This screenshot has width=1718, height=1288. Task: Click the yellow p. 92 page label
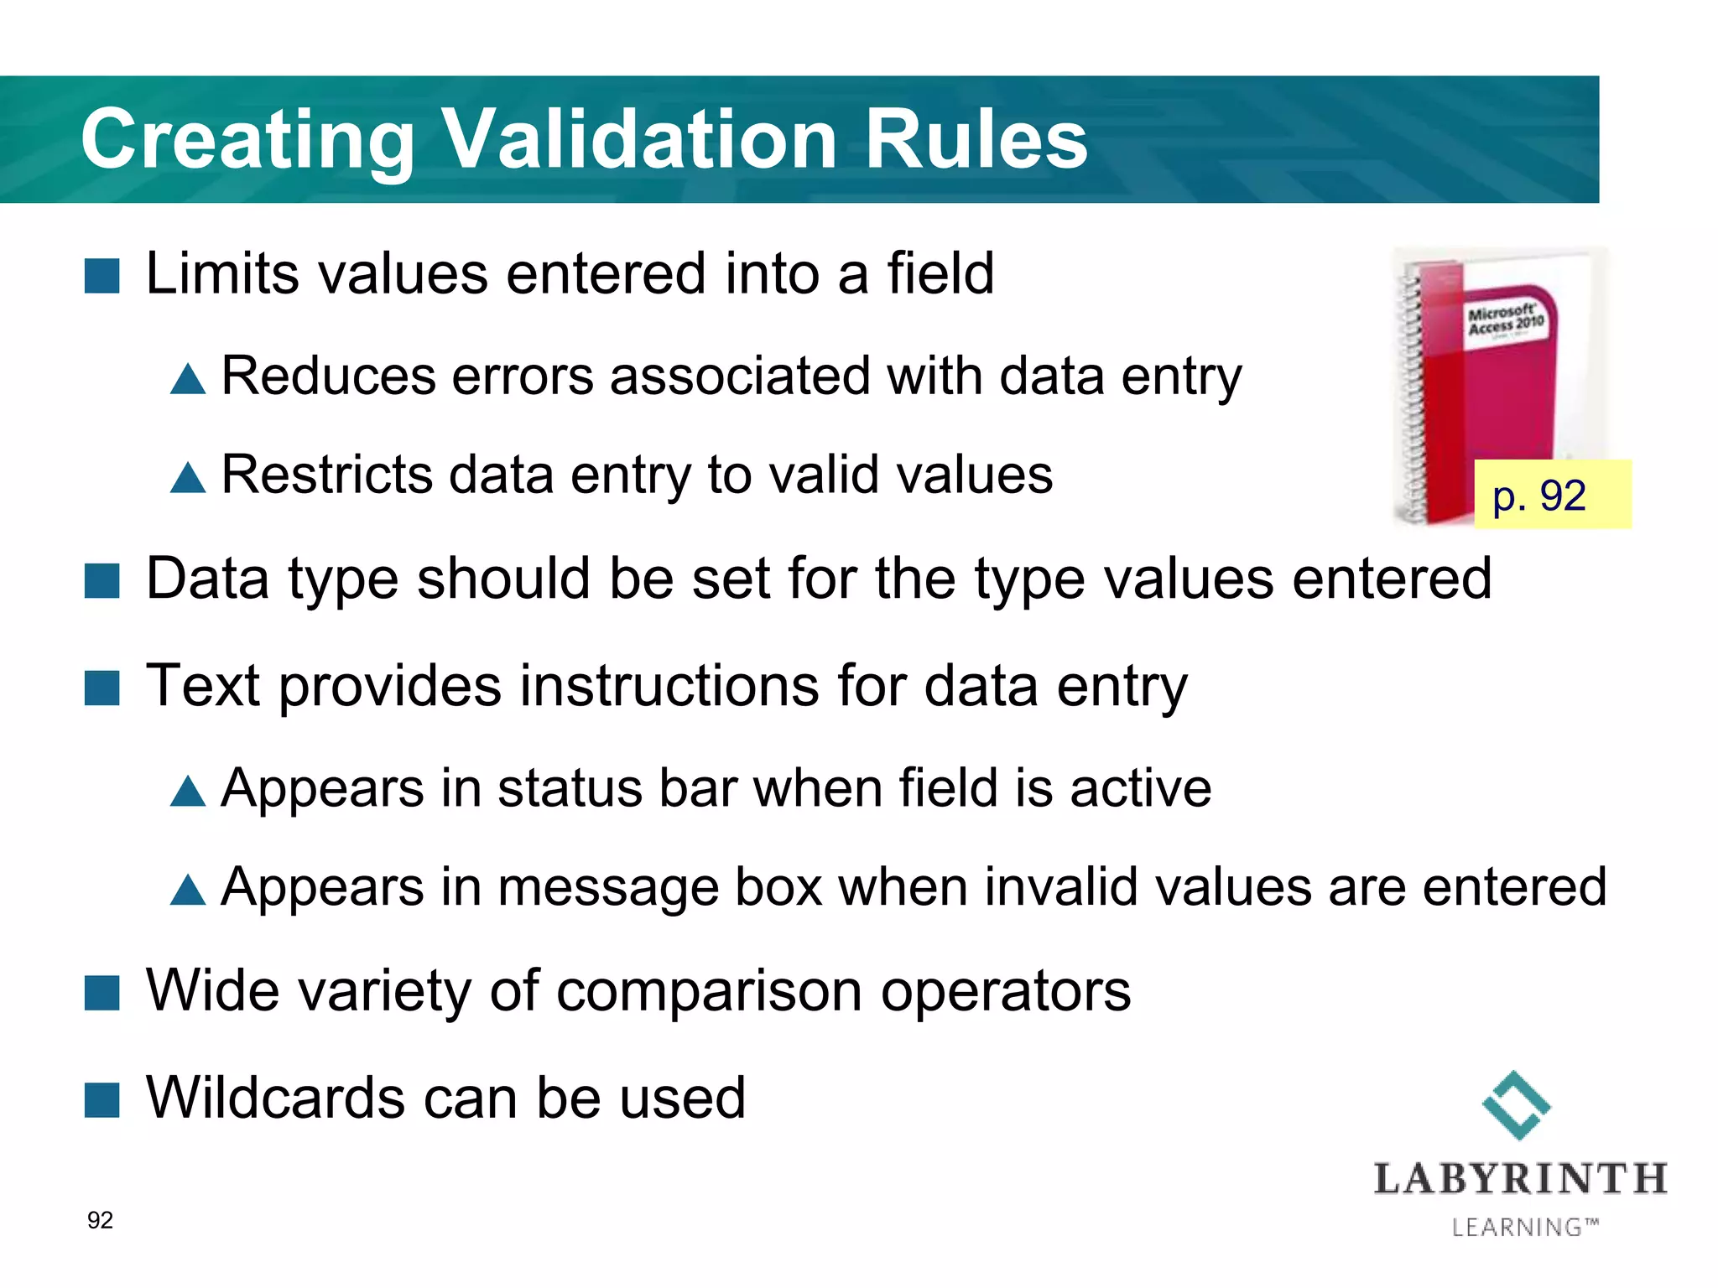click(x=1552, y=495)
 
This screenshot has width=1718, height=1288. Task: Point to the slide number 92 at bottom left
click(x=100, y=1220)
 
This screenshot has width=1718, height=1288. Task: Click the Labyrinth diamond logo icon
click(x=1516, y=1105)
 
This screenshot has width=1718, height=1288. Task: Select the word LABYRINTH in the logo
click(x=1520, y=1179)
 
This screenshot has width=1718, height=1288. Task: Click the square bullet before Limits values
click(x=102, y=276)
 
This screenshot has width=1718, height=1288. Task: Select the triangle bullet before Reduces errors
click(x=188, y=379)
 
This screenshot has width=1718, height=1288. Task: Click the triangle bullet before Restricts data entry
click(x=188, y=478)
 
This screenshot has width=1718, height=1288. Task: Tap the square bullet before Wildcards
click(x=102, y=1100)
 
